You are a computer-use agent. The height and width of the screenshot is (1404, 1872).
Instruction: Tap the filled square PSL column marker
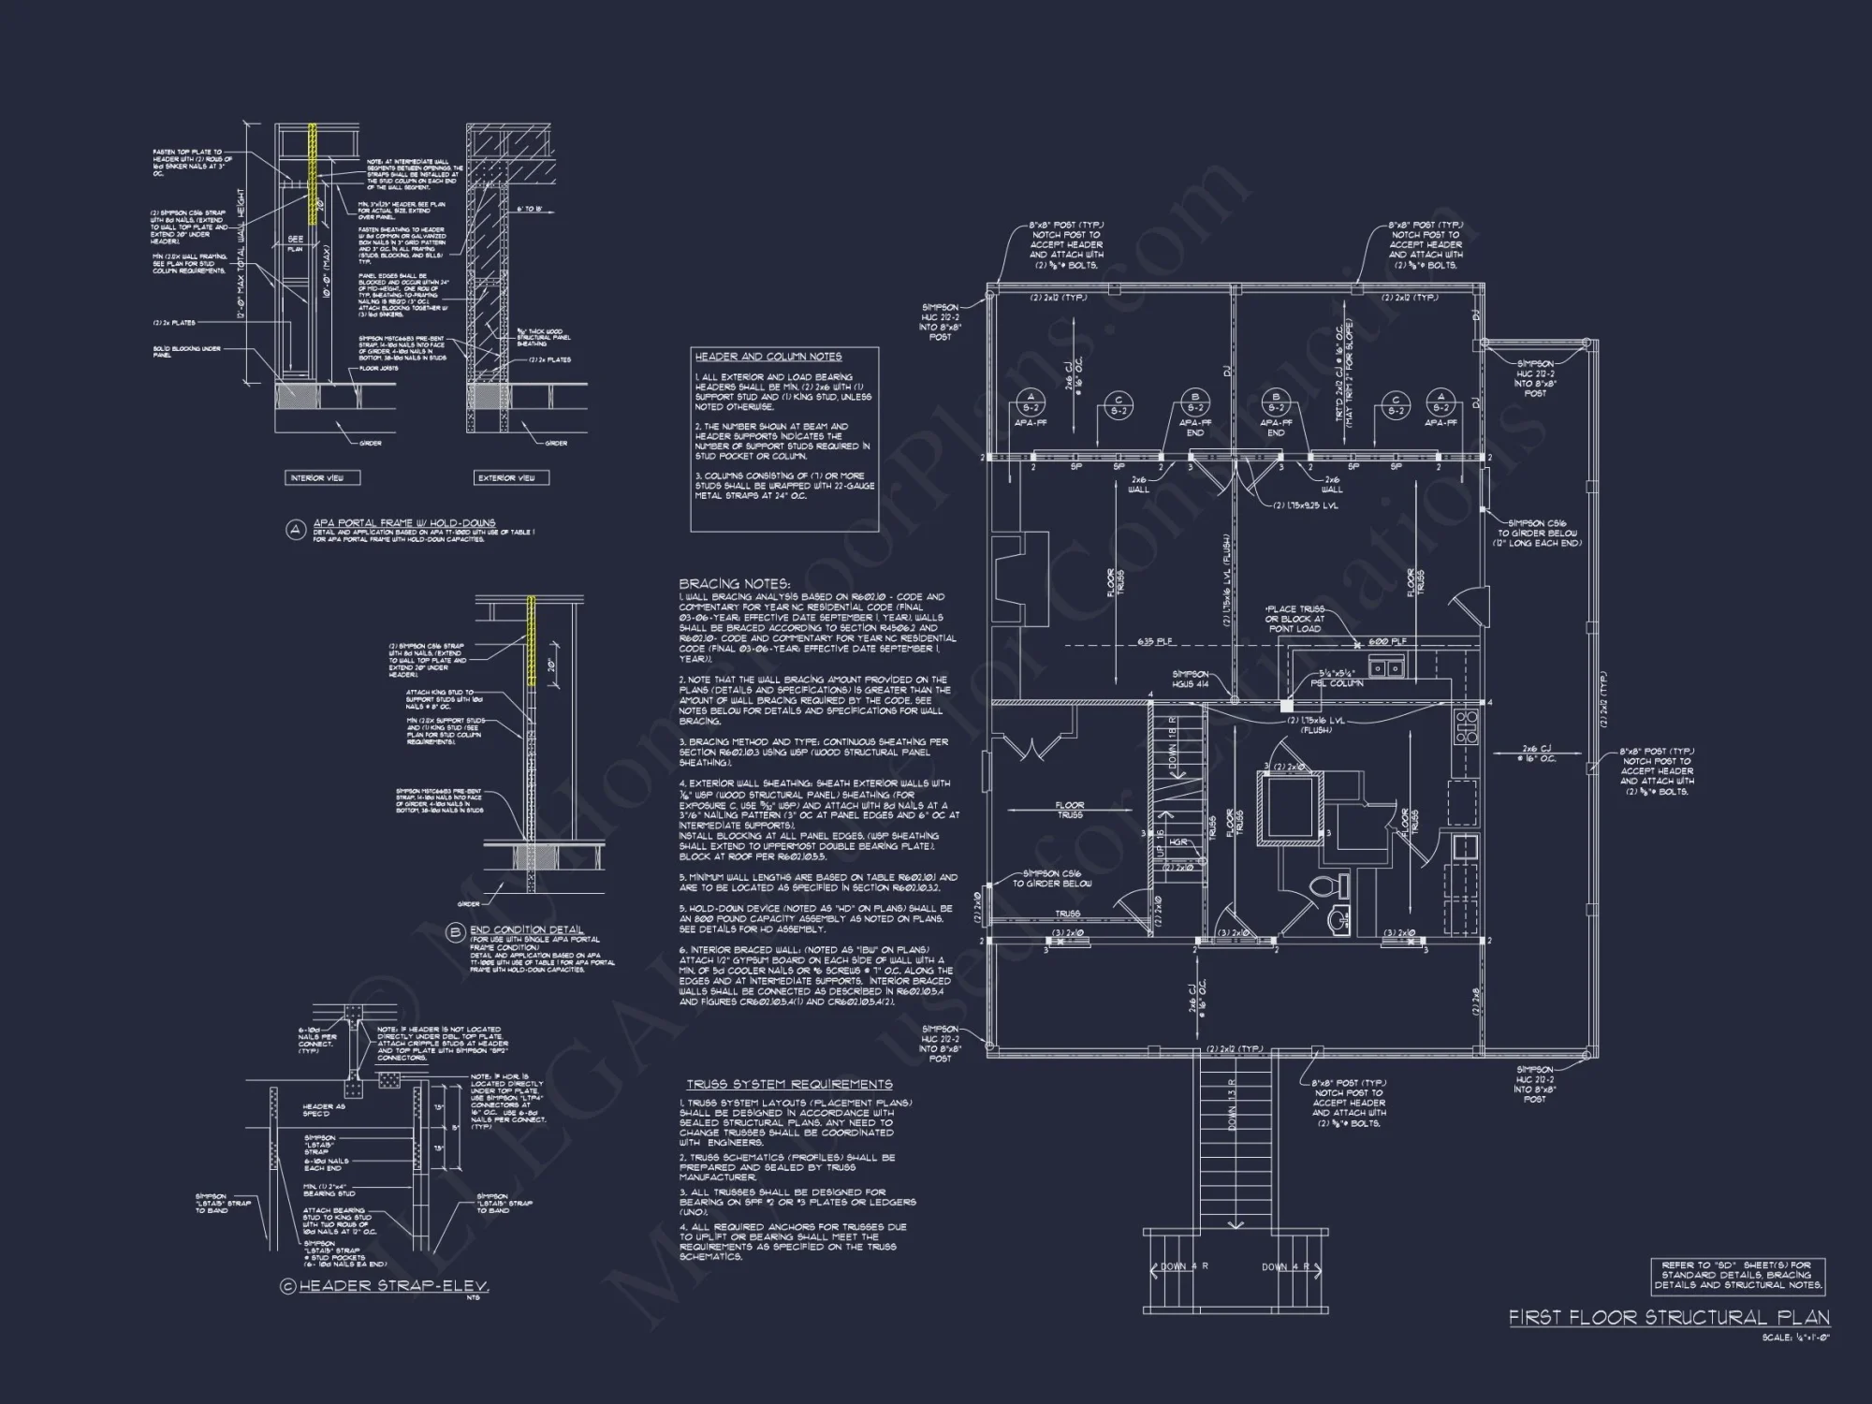[1287, 704]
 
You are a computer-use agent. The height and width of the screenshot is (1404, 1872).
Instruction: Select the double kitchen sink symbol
[1386, 666]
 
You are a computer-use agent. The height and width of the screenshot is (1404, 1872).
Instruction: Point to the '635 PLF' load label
[1156, 642]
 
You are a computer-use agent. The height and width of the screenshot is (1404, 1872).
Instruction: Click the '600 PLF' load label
[1387, 642]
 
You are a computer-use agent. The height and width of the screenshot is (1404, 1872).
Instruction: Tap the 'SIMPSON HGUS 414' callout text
[1190, 680]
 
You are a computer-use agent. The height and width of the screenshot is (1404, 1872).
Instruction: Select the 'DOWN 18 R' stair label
[1173, 746]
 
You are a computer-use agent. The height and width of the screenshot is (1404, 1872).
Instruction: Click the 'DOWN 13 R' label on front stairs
[1232, 1104]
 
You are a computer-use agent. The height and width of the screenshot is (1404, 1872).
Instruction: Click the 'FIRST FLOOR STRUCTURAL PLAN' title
[1669, 1317]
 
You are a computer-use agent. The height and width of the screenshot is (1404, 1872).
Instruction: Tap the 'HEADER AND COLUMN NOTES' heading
[768, 357]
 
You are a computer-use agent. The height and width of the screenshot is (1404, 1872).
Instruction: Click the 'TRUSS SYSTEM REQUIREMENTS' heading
[789, 1084]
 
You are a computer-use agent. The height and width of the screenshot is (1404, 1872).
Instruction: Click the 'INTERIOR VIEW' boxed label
[317, 477]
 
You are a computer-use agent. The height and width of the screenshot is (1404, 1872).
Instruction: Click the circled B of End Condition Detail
[455, 932]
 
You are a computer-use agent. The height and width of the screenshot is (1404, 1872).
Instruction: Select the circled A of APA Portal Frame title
[296, 530]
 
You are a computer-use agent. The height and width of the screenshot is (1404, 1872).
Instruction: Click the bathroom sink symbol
[1336, 922]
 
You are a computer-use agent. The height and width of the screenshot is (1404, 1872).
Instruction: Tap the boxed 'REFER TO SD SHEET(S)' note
[1736, 1275]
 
